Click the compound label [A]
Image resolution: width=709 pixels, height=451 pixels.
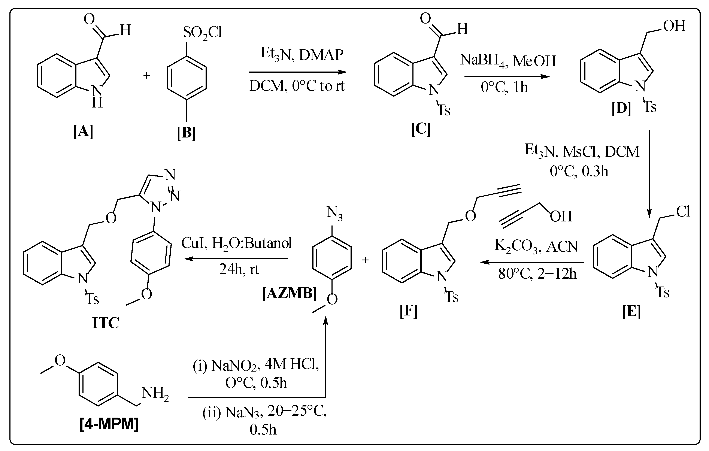click(x=83, y=131)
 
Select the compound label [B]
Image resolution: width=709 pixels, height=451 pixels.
click(x=186, y=133)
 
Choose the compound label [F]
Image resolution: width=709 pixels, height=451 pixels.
click(x=408, y=311)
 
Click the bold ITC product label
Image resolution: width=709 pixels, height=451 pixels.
click(x=105, y=323)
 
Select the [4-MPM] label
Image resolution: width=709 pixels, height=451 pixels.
click(x=109, y=424)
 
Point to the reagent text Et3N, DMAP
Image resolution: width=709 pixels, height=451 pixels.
click(x=302, y=55)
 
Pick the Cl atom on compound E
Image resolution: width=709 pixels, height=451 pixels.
click(x=683, y=211)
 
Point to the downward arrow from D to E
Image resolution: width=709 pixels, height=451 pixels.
click(x=649, y=174)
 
